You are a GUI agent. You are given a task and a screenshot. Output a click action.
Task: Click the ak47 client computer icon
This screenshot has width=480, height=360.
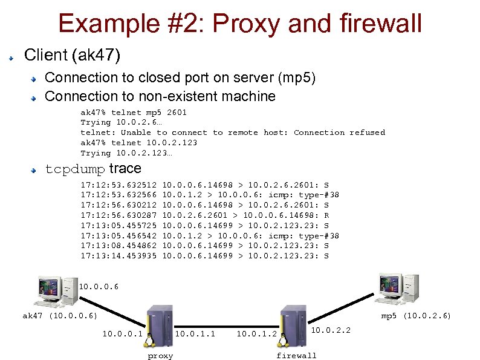(57, 290)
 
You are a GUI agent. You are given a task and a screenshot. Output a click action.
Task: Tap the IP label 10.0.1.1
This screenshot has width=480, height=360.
(195, 333)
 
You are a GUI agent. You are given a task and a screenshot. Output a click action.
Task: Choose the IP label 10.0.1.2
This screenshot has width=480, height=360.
(256, 333)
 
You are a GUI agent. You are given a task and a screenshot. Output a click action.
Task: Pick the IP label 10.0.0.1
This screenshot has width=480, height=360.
(122, 333)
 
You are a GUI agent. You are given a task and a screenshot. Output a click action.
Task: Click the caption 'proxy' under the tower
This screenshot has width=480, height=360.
(160, 356)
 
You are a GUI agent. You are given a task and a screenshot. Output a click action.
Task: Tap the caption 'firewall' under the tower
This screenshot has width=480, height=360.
(296, 356)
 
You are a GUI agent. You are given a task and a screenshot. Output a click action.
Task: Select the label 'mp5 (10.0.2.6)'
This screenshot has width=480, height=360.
(416, 316)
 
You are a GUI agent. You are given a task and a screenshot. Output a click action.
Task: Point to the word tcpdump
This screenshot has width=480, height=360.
(76, 169)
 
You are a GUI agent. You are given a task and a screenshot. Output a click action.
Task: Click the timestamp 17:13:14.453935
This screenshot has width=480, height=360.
(118, 256)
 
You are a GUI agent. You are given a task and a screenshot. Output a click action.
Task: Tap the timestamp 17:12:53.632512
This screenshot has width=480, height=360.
(118, 184)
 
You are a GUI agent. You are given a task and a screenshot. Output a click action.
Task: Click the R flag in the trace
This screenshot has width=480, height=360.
(326, 215)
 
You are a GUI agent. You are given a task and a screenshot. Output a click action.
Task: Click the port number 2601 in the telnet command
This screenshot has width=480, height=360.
(177, 113)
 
